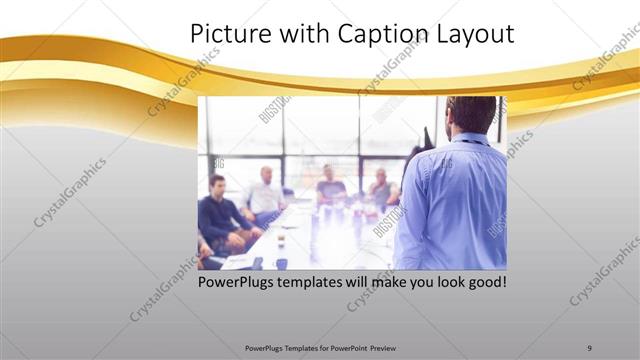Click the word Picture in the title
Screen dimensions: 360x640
click(223, 34)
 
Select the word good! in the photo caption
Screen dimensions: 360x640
click(484, 283)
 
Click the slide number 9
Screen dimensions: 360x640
click(589, 347)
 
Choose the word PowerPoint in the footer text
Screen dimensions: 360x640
click(347, 347)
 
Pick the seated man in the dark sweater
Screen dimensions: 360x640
click(219, 212)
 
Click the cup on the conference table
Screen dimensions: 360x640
click(281, 240)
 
